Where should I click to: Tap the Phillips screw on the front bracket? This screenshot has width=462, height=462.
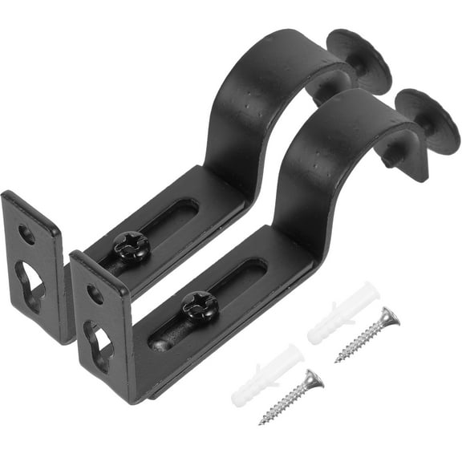click(199, 306)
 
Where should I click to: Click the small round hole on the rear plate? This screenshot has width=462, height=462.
click(26, 235)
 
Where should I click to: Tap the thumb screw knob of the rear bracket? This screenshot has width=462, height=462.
click(359, 59)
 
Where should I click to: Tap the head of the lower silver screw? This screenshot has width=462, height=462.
click(314, 379)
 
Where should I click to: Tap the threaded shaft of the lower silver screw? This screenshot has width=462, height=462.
click(287, 401)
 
